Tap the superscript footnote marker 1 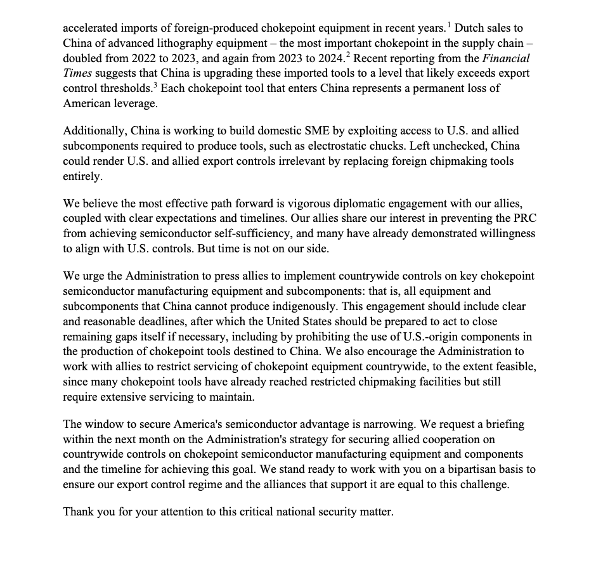coord(449,25)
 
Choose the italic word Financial coord(506,58)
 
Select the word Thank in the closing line coord(79,512)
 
